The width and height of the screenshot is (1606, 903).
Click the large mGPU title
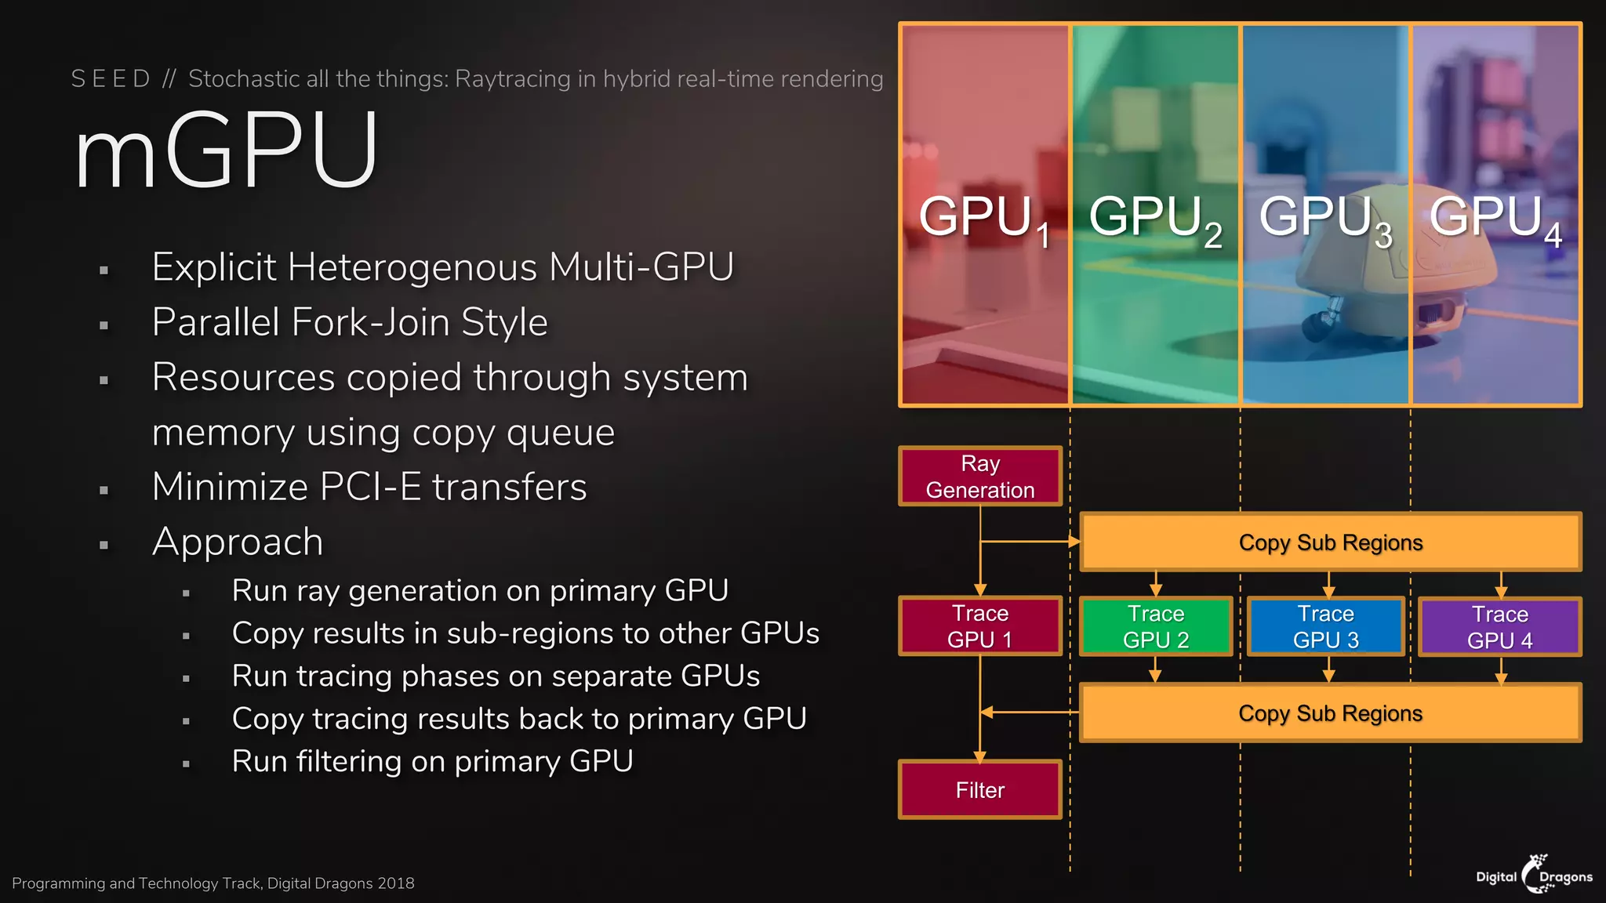point(227,151)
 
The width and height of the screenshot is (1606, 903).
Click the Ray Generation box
point(979,477)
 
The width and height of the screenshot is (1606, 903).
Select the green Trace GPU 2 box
point(1155,626)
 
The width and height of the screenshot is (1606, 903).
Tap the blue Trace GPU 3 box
point(1325,626)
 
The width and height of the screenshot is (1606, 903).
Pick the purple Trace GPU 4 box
point(1499,627)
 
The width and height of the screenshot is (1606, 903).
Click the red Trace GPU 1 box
point(979,626)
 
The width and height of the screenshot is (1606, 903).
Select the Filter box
point(979,790)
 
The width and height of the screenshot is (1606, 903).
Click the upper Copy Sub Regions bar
point(1330,542)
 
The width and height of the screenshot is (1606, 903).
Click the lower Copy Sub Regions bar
point(1330,713)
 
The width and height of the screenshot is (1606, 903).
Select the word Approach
point(238,542)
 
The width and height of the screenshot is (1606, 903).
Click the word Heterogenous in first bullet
point(412,267)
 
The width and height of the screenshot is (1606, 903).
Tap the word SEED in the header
point(111,79)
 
